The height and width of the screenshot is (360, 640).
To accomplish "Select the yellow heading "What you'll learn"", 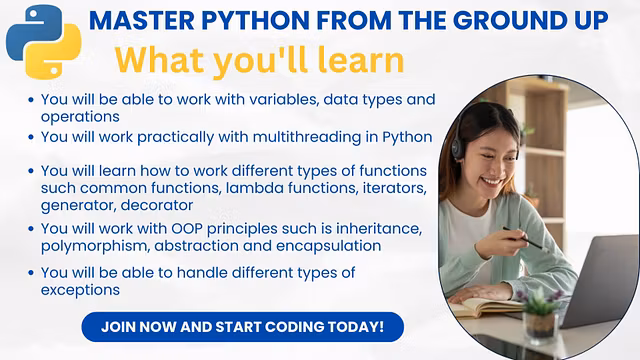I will tap(260, 60).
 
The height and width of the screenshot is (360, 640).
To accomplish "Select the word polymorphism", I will tap(95, 245).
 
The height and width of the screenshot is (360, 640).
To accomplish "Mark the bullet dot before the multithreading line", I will tap(32, 137).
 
